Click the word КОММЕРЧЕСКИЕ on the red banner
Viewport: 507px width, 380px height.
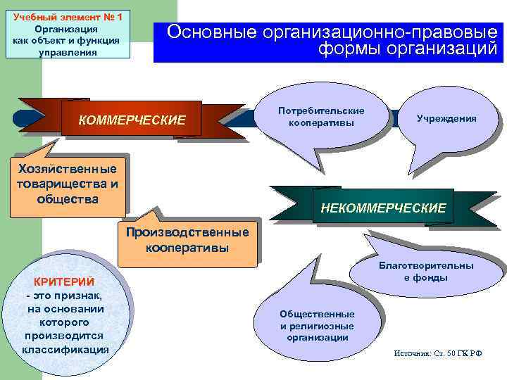132,120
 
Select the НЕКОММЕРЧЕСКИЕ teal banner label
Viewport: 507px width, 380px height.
383,208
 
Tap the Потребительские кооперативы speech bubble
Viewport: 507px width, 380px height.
321,118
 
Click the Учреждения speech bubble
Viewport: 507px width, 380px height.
446,118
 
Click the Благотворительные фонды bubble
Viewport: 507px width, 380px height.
426,272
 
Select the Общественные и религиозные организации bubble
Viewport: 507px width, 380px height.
317,325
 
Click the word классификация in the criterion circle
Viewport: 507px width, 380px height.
65,349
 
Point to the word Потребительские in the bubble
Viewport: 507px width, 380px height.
321,111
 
